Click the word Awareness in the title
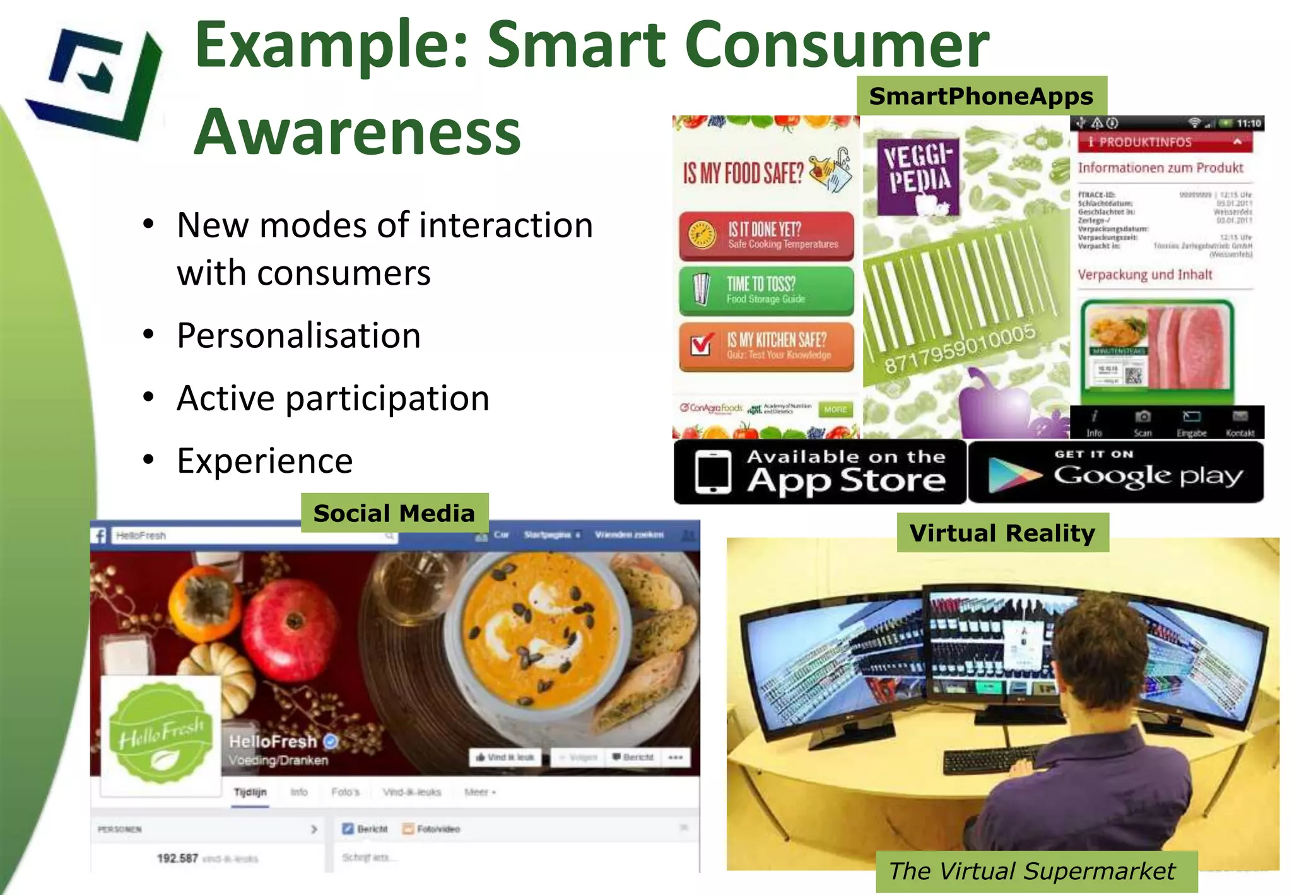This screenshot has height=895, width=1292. [357, 132]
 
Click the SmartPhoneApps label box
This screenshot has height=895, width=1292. [981, 96]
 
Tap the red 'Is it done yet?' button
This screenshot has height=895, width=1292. [766, 235]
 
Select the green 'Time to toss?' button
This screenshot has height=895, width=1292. [766, 290]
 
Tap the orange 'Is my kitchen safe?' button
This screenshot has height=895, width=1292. [766, 346]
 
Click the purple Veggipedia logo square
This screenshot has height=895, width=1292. [918, 177]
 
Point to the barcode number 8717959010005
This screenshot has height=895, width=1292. [959, 348]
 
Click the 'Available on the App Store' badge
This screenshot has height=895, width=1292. [819, 472]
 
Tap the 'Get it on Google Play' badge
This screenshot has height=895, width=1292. [1115, 472]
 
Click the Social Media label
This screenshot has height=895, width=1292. [394, 513]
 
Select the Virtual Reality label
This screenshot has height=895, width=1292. [1002, 533]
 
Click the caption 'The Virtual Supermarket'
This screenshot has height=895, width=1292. [1032, 871]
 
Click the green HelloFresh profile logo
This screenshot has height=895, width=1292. [161, 735]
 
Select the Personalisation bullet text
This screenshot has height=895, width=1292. [298, 335]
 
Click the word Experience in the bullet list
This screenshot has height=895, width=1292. [265, 460]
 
